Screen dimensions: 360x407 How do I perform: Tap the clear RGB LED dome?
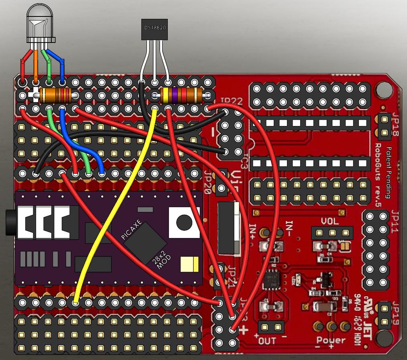pos(41,24)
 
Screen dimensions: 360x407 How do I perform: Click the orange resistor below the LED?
pos(56,96)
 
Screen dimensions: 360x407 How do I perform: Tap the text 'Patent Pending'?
pos(388,173)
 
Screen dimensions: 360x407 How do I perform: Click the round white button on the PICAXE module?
pos(184,222)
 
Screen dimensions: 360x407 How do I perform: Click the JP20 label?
pos(208,183)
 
